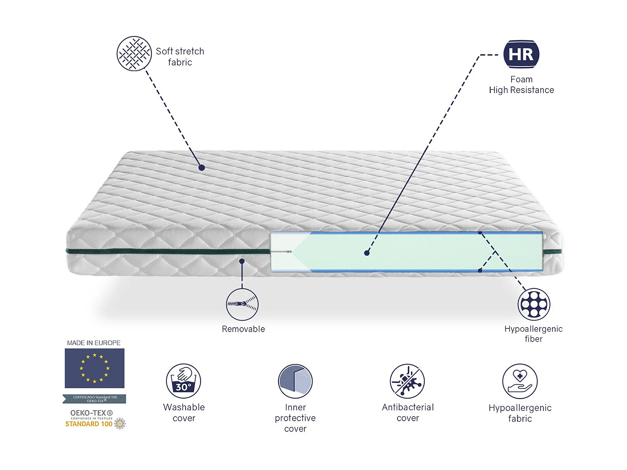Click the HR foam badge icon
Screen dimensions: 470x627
[x=521, y=54]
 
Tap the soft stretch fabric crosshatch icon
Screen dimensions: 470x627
[x=134, y=53]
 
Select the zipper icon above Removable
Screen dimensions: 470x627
[x=242, y=304]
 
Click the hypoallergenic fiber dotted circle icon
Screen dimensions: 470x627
[x=534, y=304]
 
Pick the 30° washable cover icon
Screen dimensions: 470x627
[x=184, y=381]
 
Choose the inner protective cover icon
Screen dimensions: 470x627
[x=295, y=381]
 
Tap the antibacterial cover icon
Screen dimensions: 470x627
[x=407, y=381]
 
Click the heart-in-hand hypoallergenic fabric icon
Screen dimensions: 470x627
[x=520, y=381]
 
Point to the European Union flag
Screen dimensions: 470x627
[x=94, y=368]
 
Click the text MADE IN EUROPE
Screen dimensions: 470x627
[x=94, y=343]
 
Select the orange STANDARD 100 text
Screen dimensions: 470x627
[x=89, y=424]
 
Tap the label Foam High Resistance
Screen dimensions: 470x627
[x=521, y=85]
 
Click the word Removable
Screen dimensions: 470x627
[x=243, y=329]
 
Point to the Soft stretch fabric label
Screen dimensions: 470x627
[x=180, y=57]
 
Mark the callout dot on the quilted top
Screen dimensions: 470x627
[x=201, y=168]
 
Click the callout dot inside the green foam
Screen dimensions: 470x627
[x=367, y=253]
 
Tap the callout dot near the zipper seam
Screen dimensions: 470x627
[x=242, y=261]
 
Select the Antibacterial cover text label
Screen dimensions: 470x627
[x=408, y=413]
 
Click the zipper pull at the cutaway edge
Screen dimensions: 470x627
[x=288, y=252]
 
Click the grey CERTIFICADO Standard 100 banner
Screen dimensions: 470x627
[x=94, y=399]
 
